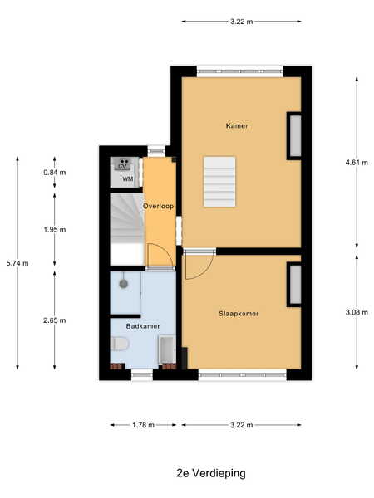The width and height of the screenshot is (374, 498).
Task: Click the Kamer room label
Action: point(237,126)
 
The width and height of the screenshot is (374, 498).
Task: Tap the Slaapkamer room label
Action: point(239,314)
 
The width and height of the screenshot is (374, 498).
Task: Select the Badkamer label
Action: point(143,326)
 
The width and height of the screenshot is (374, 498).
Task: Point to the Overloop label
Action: point(159,207)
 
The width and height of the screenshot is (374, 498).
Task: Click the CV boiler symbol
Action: point(122,164)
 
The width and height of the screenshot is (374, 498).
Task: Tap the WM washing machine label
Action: point(128,179)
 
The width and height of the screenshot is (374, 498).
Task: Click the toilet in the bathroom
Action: point(120,344)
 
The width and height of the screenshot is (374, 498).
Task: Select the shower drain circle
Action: point(123,283)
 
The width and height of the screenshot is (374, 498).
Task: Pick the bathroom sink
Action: point(167,349)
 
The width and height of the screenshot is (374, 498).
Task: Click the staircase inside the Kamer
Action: point(219,182)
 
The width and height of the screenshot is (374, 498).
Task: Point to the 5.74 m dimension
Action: point(17,263)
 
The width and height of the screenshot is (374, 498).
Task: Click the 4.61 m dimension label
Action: point(357,163)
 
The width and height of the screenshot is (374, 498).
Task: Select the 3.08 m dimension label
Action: point(357,313)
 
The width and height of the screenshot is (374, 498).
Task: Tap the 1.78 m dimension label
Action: point(144,425)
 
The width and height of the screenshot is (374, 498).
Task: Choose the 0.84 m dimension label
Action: point(55,173)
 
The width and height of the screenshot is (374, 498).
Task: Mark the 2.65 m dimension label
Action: point(55,320)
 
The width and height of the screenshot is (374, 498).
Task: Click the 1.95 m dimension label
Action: point(55,230)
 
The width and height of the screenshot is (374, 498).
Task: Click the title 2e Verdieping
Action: point(211,473)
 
